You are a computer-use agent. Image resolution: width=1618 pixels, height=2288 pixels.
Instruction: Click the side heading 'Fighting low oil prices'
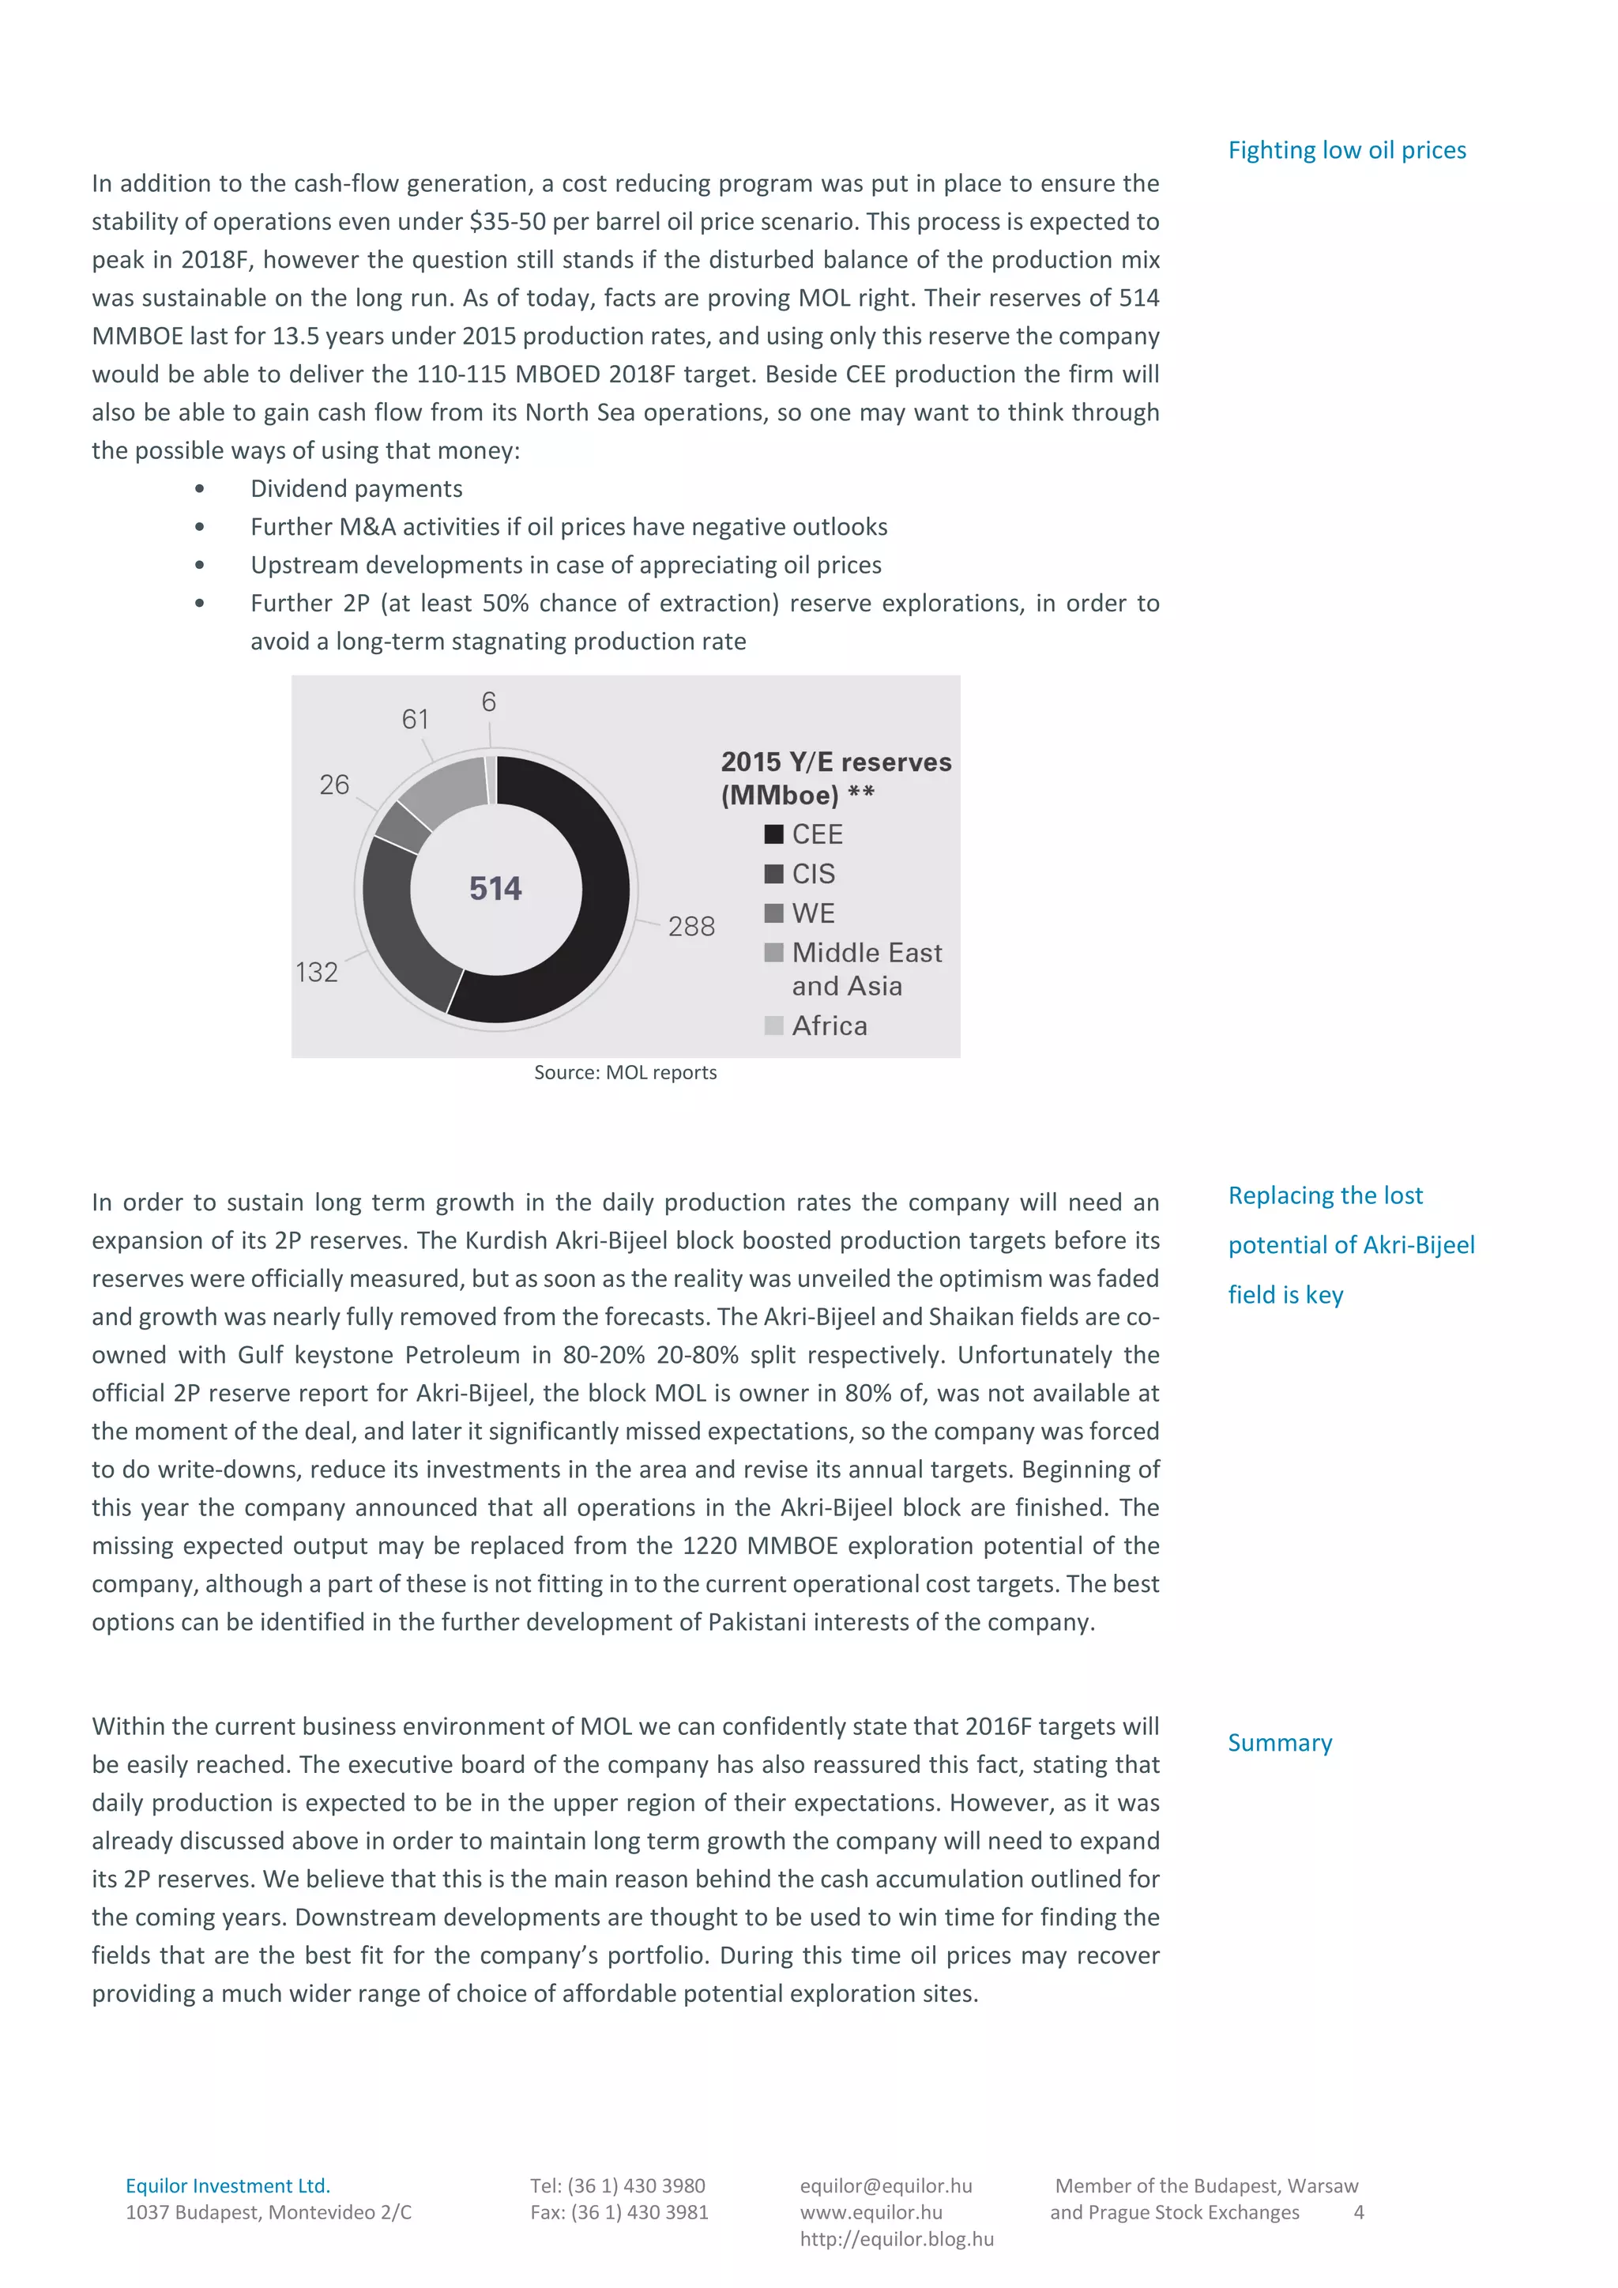point(1346,150)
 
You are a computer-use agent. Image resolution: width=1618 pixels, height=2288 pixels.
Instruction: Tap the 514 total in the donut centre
point(495,888)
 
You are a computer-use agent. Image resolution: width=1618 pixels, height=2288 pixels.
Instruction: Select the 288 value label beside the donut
point(691,927)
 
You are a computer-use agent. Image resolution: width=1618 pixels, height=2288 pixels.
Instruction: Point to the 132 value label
point(317,972)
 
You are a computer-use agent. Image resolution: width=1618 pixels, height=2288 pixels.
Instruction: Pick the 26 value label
point(335,785)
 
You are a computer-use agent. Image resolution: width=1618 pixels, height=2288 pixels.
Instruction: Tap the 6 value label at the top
point(488,702)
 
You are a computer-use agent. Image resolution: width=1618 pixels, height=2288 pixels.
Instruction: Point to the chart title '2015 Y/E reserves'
point(836,762)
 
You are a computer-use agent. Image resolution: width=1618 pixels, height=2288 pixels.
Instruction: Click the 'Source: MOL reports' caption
point(625,1072)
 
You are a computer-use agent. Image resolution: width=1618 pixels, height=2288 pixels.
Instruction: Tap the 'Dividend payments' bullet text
point(356,488)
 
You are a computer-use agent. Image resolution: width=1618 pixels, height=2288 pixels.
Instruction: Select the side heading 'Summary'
point(1279,1743)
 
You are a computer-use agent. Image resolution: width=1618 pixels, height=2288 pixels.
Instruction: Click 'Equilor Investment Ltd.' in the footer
point(228,2185)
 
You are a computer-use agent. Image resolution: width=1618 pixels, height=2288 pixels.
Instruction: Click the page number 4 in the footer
point(1358,2212)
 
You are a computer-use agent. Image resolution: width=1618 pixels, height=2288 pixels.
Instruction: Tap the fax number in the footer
point(619,2212)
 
